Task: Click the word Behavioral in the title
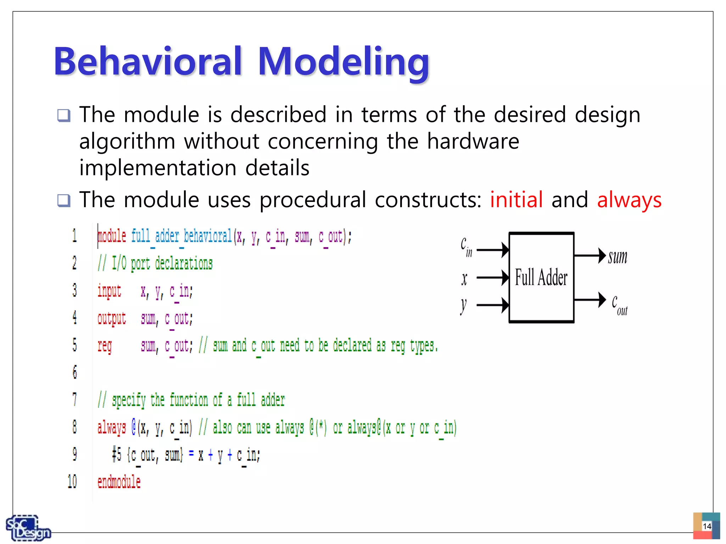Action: pos(148,62)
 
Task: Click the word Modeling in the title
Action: pos(344,62)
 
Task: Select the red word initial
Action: pos(516,199)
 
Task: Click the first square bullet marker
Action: pos(64,115)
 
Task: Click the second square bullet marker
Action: pos(64,200)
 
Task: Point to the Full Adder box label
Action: pos(541,277)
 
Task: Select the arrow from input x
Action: pos(493,277)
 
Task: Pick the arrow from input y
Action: pos(493,305)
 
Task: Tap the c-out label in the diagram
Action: pos(619,305)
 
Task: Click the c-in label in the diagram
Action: pos(466,247)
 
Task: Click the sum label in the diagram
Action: pos(618,257)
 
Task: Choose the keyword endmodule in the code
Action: pos(119,482)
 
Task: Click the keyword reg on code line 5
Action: pos(105,346)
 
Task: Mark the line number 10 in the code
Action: pos(72,482)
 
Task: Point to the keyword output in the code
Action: pos(112,318)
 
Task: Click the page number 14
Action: pos(707,526)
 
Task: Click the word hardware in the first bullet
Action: pos(473,141)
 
